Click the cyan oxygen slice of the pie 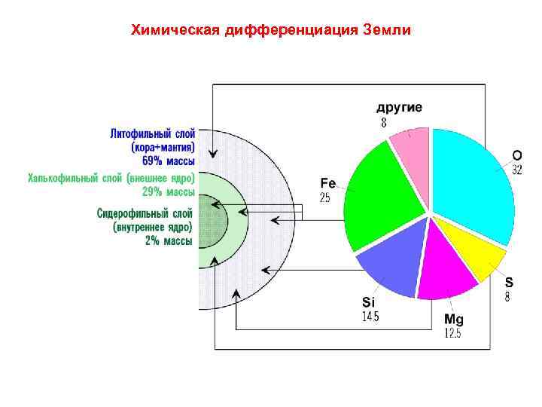[x=470, y=181]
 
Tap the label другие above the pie [x=399, y=107]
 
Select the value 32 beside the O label [x=517, y=171]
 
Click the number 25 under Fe [x=325, y=198]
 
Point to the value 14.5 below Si [x=370, y=317]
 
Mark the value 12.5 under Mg [x=452, y=334]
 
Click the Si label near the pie [x=369, y=302]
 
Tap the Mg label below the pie [x=453, y=320]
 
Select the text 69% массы [x=168, y=161]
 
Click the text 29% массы [x=168, y=191]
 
